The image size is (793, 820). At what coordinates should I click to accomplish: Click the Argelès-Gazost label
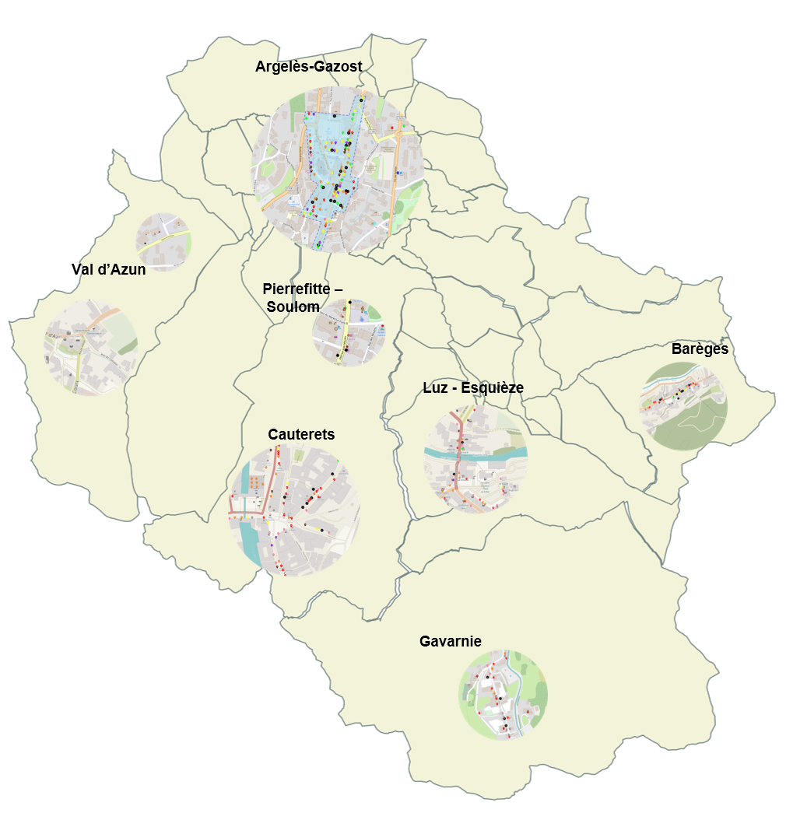308,67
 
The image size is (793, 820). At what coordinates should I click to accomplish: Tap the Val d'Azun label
108,270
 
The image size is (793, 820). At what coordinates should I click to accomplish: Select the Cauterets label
301,434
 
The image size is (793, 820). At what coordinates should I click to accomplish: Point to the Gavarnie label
450,641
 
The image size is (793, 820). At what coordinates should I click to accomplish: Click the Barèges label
700,349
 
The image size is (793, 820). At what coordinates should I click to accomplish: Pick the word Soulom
293,307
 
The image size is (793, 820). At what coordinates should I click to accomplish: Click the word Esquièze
495,387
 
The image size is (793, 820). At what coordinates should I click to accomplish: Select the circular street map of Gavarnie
503,695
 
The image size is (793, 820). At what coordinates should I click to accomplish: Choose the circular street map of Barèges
684,407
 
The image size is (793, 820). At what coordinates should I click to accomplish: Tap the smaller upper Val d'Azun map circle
163,241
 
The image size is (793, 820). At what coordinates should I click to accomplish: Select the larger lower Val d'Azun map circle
91,348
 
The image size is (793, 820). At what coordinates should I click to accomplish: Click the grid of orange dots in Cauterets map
254,483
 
